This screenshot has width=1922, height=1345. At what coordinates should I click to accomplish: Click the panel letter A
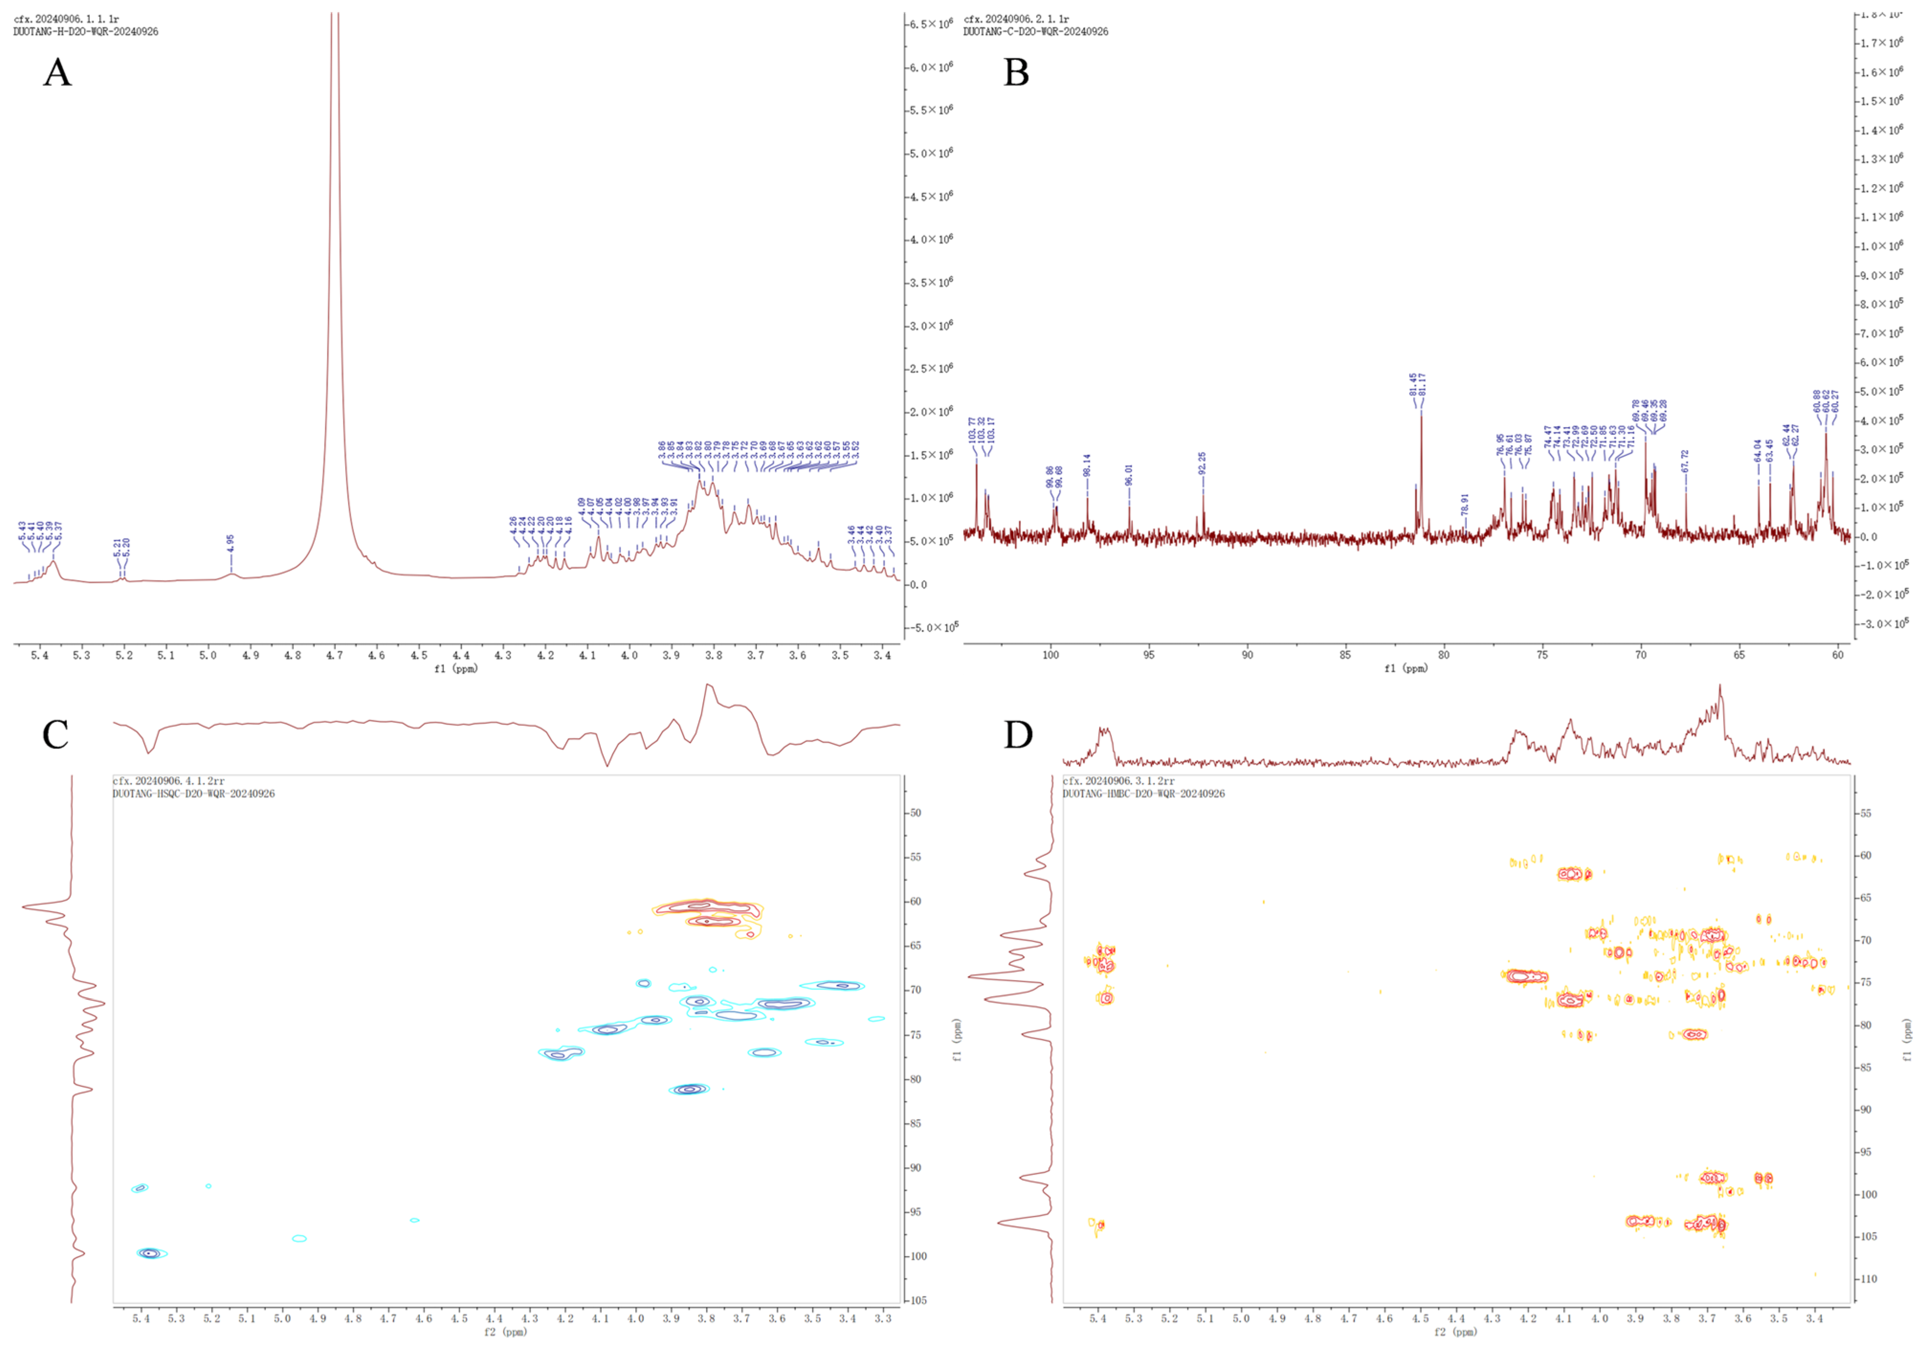[x=57, y=73]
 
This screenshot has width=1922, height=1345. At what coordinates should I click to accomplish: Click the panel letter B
[x=1016, y=73]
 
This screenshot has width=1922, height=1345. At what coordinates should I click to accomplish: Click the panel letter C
[x=55, y=734]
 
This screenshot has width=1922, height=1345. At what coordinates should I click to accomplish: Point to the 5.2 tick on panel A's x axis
[x=124, y=655]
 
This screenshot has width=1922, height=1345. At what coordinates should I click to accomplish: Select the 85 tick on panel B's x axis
[x=1345, y=655]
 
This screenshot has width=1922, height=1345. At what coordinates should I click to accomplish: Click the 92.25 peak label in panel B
[x=1203, y=463]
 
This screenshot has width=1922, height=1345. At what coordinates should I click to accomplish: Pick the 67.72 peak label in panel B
[x=1685, y=461]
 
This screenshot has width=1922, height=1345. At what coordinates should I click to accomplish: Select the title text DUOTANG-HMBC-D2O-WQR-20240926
[x=1143, y=794]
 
